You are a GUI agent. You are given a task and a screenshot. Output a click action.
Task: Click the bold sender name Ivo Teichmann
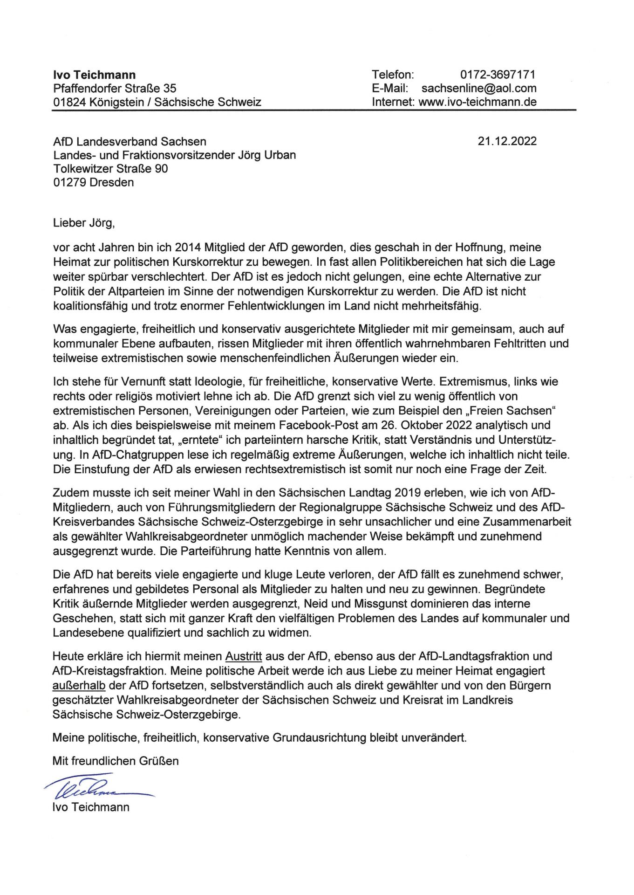click(x=95, y=75)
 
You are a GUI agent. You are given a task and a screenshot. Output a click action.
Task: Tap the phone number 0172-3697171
click(x=498, y=75)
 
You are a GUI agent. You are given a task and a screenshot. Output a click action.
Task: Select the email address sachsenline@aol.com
click(x=479, y=88)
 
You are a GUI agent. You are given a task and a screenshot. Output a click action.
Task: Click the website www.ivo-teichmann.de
click(x=477, y=102)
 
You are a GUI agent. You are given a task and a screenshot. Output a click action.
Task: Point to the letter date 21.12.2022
click(x=507, y=141)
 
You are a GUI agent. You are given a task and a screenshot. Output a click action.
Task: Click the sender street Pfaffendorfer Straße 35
click(x=115, y=88)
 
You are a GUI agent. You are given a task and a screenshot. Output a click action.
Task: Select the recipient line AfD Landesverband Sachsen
click(x=130, y=141)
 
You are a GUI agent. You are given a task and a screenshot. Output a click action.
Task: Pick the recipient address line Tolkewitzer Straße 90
click(x=110, y=168)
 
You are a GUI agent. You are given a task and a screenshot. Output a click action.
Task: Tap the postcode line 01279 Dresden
click(x=93, y=182)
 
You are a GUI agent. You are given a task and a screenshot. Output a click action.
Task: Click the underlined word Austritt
click(x=244, y=656)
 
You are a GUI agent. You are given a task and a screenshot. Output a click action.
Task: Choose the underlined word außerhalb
click(x=79, y=685)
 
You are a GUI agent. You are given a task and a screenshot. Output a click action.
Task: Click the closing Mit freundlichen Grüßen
click(x=116, y=761)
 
